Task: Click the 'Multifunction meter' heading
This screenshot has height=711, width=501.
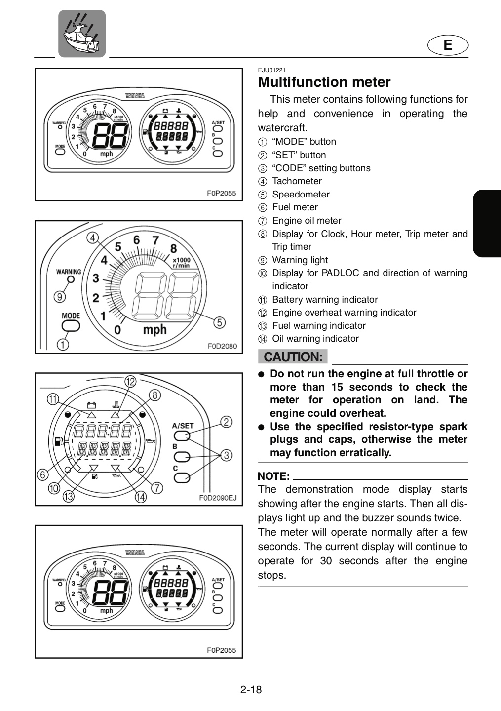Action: pyautogui.click(x=324, y=82)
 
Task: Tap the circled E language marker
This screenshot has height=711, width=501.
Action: pyautogui.click(x=448, y=45)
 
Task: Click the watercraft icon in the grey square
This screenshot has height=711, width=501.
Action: pyautogui.click(x=82, y=34)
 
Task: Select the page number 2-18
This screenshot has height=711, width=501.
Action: pyautogui.click(x=251, y=689)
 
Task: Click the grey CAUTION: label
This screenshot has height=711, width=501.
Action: pyautogui.click(x=293, y=356)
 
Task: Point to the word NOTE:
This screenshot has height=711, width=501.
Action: pyautogui.click(x=273, y=476)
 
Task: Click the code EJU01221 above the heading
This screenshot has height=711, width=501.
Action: pyautogui.click(x=271, y=70)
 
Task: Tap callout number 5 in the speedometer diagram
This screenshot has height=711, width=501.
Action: pyautogui.click(x=219, y=322)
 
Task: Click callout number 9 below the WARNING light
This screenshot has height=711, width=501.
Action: pyautogui.click(x=60, y=297)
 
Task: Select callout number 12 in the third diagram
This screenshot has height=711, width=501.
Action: pyautogui.click(x=130, y=381)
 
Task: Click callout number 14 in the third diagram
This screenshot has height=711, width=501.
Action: pyautogui.click(x=141, y=497)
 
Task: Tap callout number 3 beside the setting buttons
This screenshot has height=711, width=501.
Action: pyautogui.click(x=226, y=455)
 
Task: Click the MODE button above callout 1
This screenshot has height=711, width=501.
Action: pyautogui.click(x=71, y=326)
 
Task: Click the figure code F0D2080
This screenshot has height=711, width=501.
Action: pyautogui.click(x=222, y=346)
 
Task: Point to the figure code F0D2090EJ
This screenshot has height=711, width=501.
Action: pyautogui.click(x=218, y=498)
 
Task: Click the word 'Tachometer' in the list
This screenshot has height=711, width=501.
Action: pyautogui.click(x=297, y=181)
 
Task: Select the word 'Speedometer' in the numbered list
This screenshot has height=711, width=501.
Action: pyautogui.click(x=301, y=194)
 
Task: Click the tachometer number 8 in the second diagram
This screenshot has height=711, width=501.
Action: pyautogui.click(x=174, y=248)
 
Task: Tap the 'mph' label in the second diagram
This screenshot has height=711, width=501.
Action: pyautogui.click(x=154, y=330)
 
